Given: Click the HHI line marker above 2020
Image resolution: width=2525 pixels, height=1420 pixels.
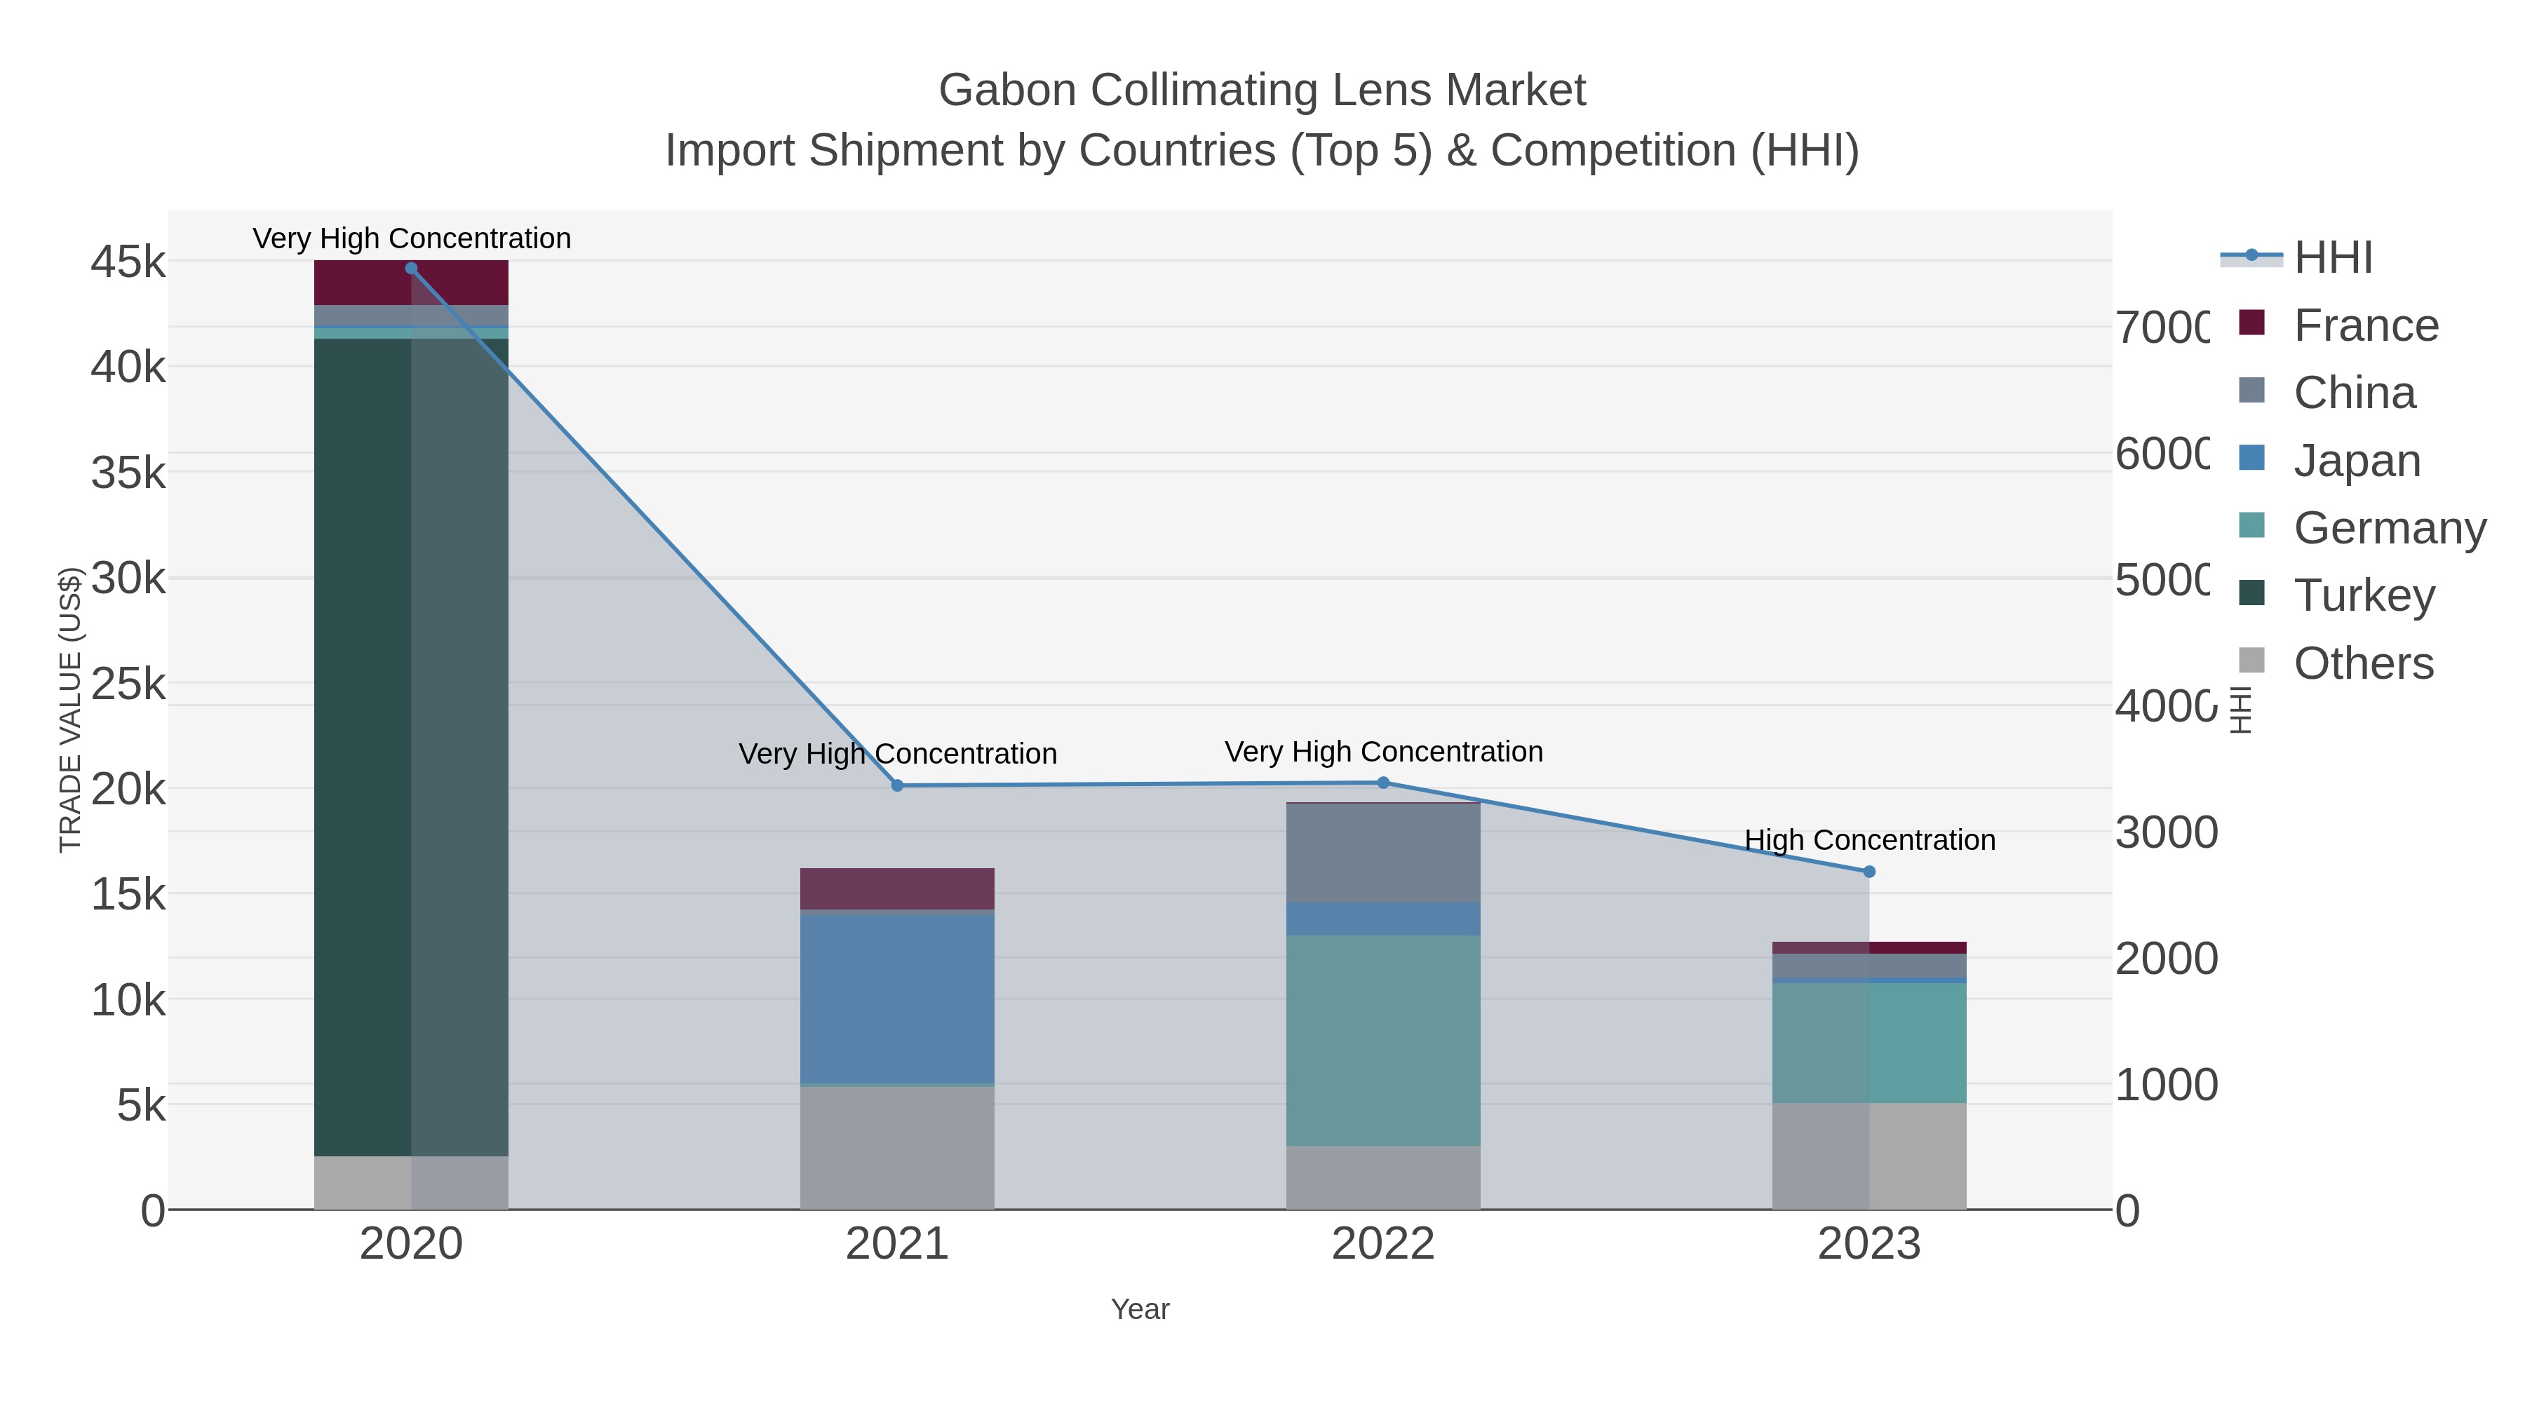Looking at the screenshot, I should coord(411,269).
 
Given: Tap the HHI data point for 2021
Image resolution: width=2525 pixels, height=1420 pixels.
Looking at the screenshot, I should coord(897,785).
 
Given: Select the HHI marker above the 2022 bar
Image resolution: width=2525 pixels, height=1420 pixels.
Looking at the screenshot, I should coord(1383,782).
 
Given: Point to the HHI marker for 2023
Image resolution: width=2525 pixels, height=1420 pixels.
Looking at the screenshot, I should coord(1869,871).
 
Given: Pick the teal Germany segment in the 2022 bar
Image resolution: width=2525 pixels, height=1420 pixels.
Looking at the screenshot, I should coord(1383,1039).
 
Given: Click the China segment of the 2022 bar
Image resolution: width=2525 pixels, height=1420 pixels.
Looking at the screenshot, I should coord(1383,853).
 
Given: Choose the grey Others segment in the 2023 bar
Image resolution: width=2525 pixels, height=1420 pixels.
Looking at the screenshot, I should coord(1869,1156).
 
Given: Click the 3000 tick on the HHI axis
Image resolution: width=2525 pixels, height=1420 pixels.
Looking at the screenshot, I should coord(2167,833).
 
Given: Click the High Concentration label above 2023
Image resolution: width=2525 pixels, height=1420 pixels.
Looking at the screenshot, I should coord(1869,840).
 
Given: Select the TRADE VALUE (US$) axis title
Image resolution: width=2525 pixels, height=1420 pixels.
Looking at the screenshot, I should coord(71,710).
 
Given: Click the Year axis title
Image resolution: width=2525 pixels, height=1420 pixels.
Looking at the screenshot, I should coord(1140,1309).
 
